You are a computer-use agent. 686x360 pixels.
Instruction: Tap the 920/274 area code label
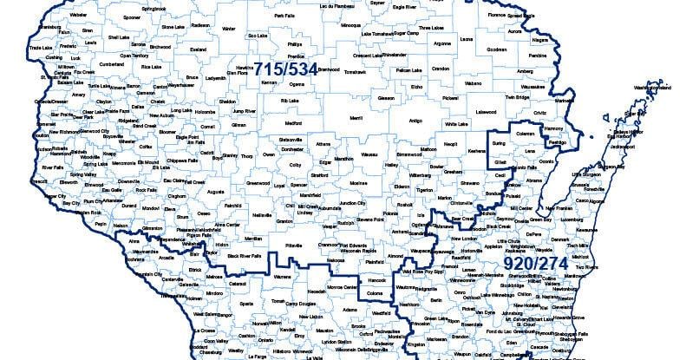(536, 261)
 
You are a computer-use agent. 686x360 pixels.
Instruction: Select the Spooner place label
(132, 16)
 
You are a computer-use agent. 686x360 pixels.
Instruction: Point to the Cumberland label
(112, 63)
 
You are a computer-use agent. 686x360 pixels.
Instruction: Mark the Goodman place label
(520, 49)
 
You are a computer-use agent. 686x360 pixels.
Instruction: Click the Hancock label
(379, 281)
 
